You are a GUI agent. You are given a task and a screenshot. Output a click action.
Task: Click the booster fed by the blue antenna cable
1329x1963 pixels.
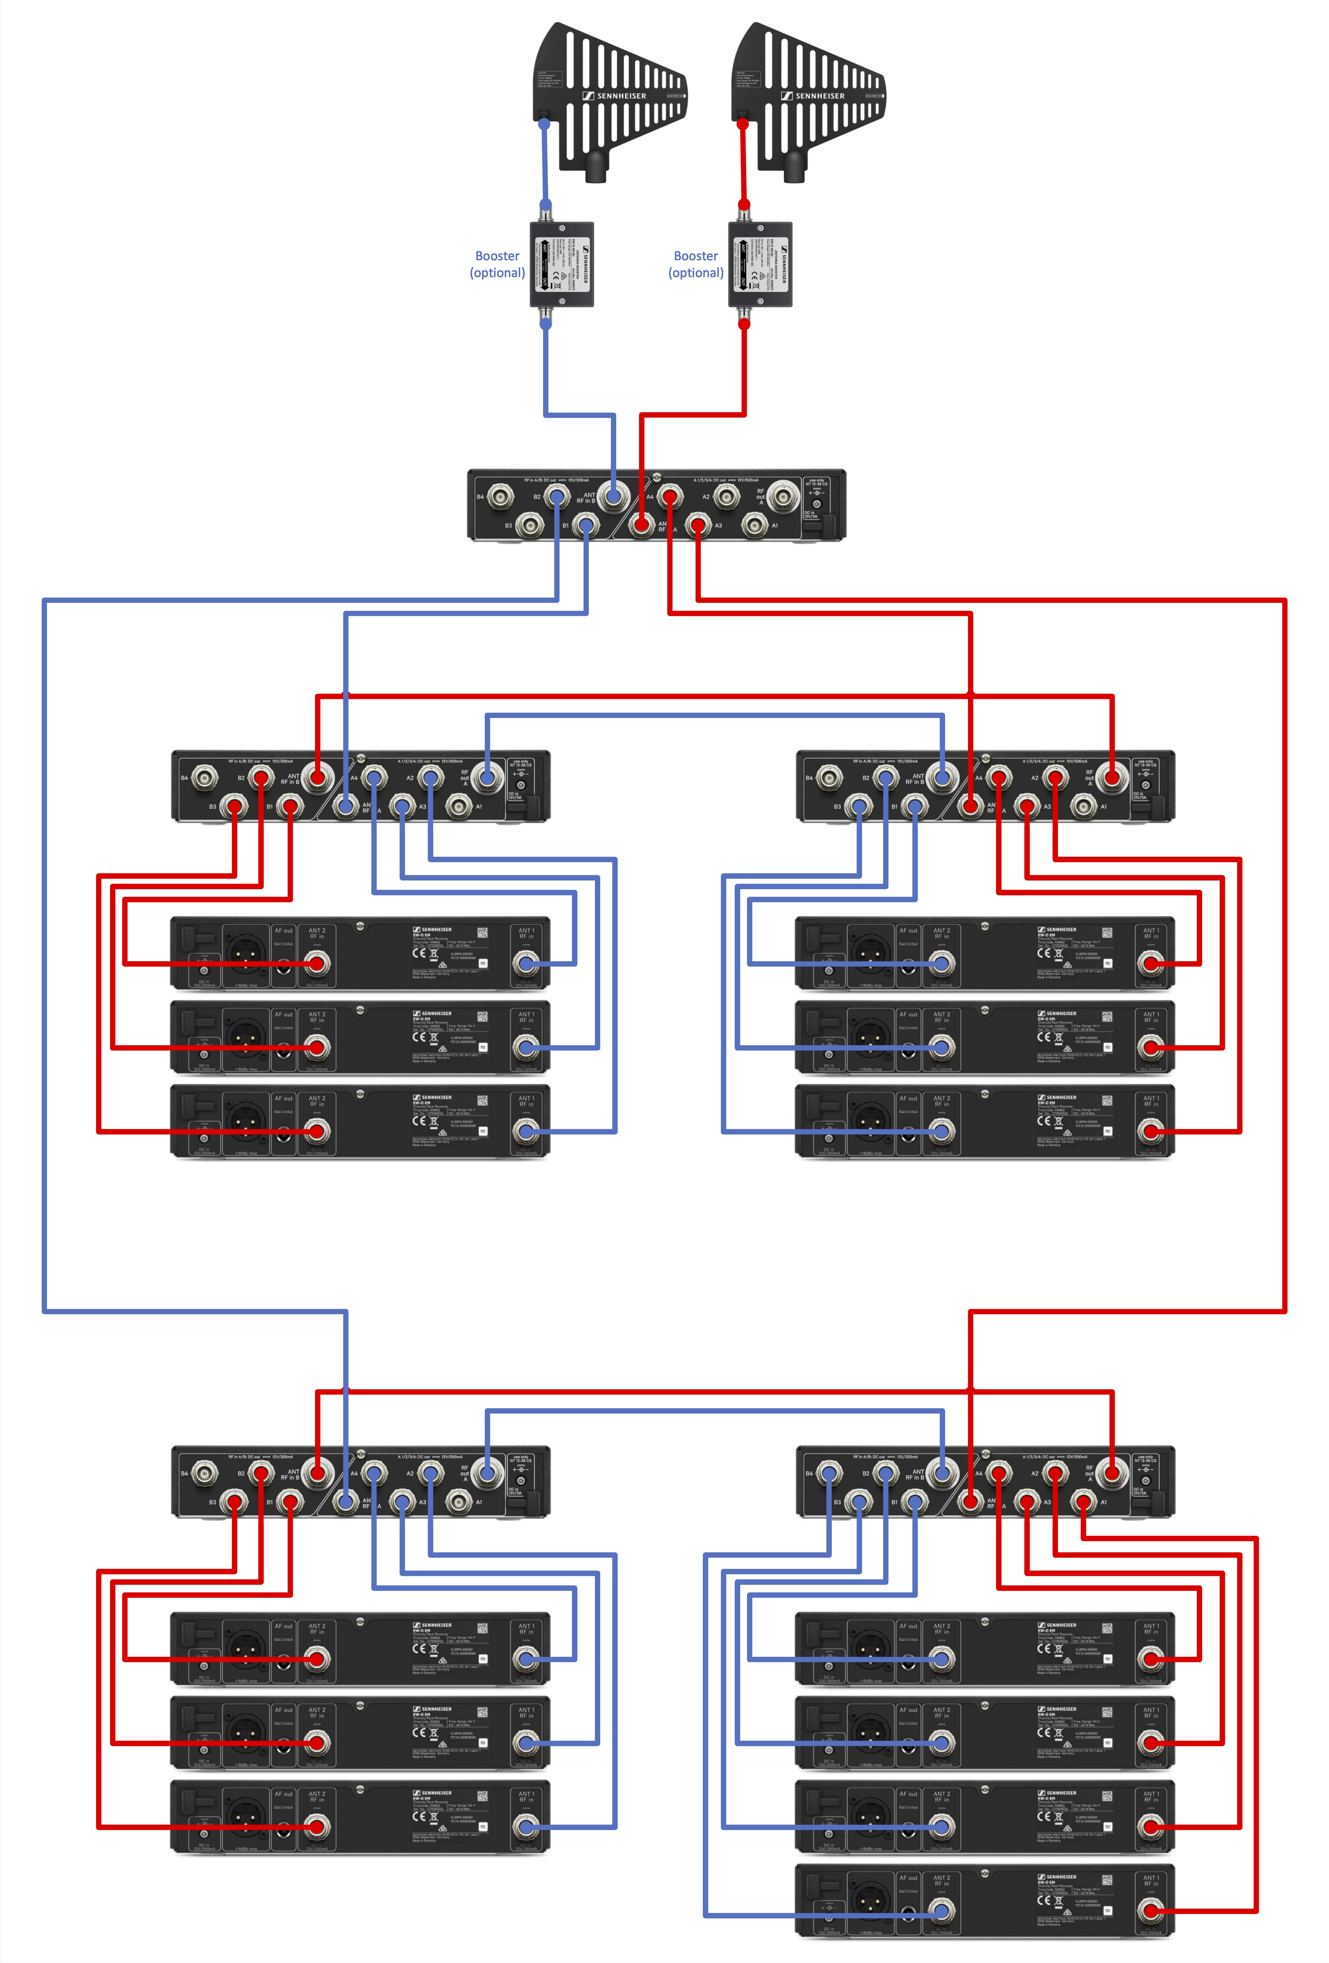(x=562, y=264)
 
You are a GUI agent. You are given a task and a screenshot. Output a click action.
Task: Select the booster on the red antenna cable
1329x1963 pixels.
(x=760, y=264)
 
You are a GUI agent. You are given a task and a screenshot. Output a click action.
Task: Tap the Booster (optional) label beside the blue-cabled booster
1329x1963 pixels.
(x=497, y=264)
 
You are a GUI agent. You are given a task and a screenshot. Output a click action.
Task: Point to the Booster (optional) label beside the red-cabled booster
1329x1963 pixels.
(x=696, y=264)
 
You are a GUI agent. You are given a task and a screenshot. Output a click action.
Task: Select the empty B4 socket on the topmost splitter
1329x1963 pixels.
(x=501, y=497)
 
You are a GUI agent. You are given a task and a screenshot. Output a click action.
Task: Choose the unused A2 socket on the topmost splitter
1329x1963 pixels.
(x=726, y=497)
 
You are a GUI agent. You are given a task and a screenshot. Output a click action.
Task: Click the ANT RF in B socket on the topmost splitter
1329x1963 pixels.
(x=612, y=497)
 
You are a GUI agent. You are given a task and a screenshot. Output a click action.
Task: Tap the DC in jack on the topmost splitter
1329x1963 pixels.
(x=816, y=504)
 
